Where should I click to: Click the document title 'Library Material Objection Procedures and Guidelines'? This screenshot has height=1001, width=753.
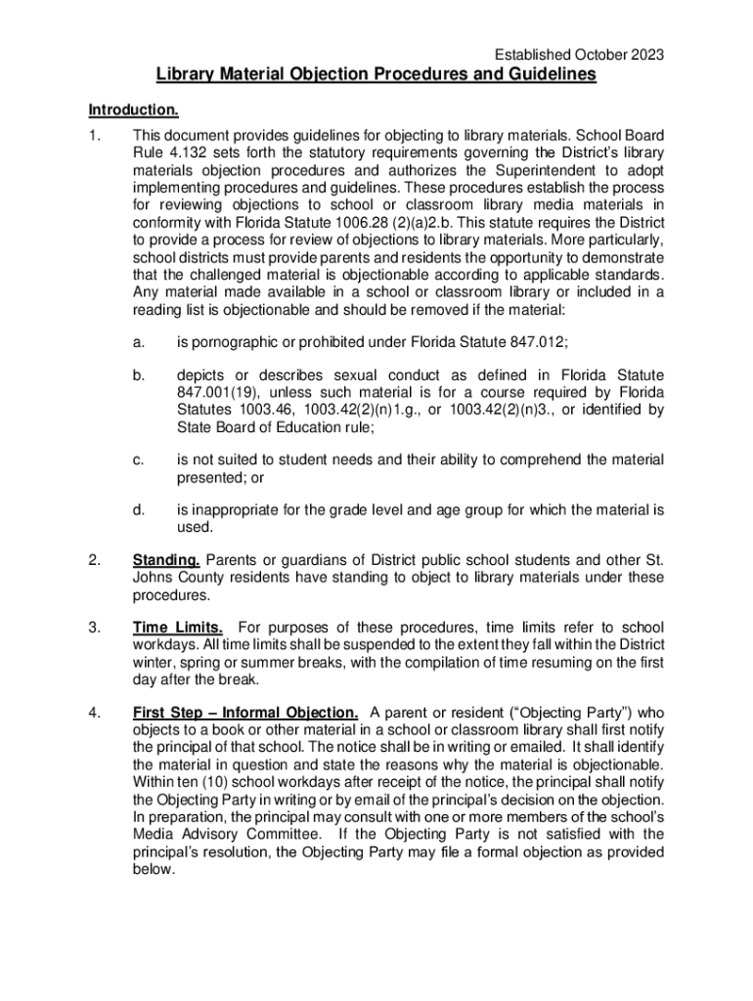tap(376, 76)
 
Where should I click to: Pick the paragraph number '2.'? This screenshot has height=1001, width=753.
tap(95, 560)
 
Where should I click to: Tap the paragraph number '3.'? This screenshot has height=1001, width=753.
tap(95, 627)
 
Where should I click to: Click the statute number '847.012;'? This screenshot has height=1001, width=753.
tap(540, 341)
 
